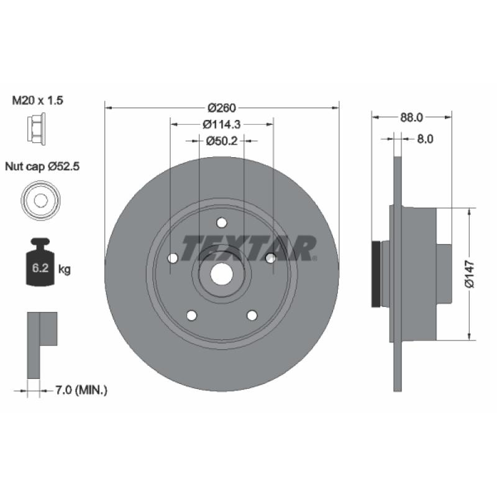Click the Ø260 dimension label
(222, 108)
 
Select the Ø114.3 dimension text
(222, 125)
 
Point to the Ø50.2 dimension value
(222, 141)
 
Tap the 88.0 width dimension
(411, 117)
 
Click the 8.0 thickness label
(425, 139)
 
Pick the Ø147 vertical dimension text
(470, 275)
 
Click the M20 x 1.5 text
(37, 101)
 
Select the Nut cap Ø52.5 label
(42, 166)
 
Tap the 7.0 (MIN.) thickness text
(81, 390)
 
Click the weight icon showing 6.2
(40, 262)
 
